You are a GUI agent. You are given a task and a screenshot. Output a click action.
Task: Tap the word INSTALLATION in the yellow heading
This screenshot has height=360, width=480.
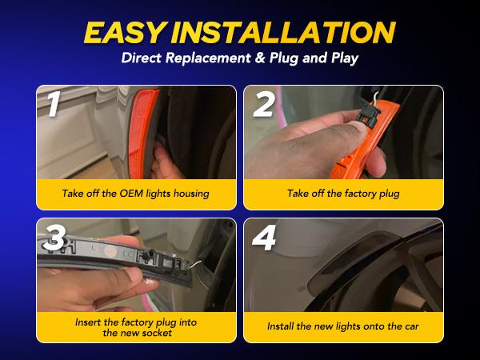click(x=283, y=32)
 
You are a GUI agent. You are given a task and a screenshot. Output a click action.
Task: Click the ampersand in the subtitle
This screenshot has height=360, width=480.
click(x=259, y=58)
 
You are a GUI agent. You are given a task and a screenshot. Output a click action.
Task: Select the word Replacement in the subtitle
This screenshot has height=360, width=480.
click(x=208, y=58)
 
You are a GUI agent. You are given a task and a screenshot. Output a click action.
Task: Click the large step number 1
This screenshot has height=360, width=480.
click(x=54, y=104)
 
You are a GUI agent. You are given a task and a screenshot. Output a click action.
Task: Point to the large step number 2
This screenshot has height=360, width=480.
click(x=263, y=105)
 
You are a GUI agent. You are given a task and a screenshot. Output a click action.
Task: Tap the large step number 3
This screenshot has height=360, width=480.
click(x=54, y=238)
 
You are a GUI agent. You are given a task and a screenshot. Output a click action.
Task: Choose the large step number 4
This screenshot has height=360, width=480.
click(x=264, y=238)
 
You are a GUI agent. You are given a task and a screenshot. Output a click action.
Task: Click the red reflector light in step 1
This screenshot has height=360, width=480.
click(x=142, y=134)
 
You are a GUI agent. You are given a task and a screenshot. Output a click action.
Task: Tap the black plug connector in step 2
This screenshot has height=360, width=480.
click(x=369, y=115)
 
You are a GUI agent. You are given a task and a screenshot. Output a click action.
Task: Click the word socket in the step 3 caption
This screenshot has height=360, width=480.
click(x=155, y=333)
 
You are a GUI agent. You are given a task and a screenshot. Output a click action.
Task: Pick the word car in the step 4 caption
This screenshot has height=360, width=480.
click(x=412, y=326)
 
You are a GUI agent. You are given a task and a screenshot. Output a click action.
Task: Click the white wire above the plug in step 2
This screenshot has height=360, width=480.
click(x=377, y=98)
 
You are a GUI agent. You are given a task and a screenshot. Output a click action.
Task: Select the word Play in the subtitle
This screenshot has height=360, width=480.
click(x=345, y=58)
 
